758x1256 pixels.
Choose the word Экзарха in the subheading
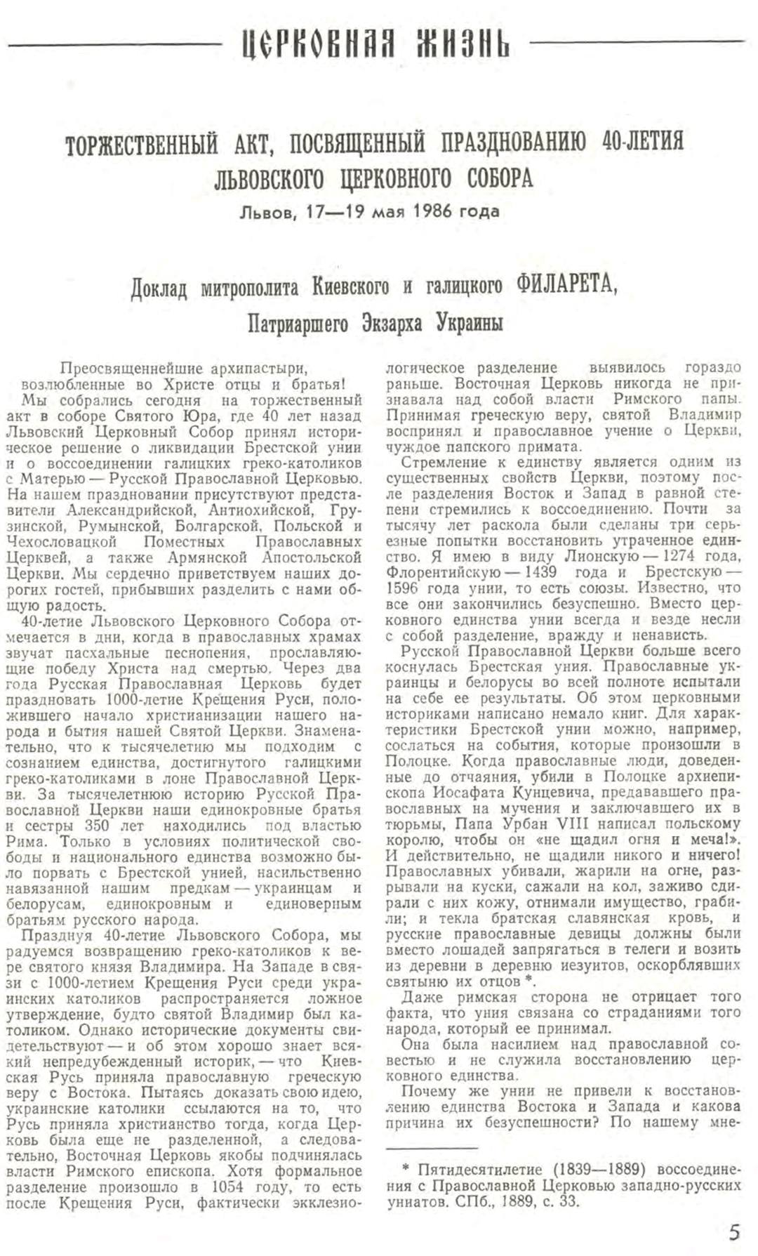pyautogui.click(x=394, y=324)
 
